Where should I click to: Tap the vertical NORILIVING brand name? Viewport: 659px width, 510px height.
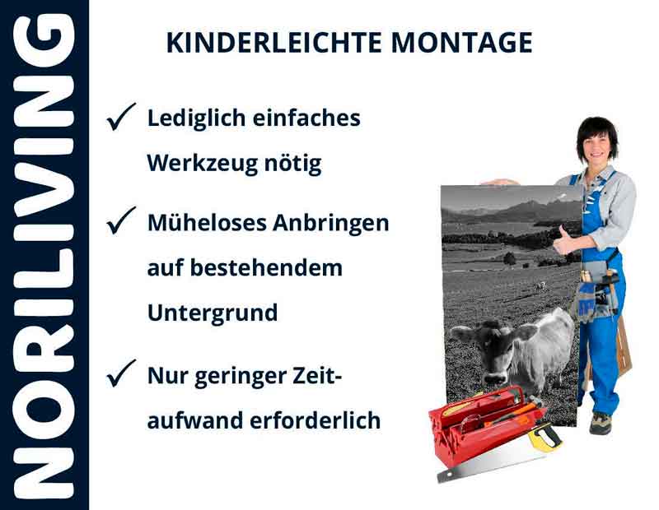pyautogui.click(x=44, y=255)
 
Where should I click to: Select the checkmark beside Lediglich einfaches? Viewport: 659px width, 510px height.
pyautogui.click(x=121, y=119)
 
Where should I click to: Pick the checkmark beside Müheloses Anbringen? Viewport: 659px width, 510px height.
pyautogui.click(x=121, y=221)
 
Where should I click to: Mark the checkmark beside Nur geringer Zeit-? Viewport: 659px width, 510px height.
pyautogui.click(x=121, y=375)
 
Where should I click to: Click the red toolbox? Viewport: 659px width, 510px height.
pyautogui.click(x=478, y=428)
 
